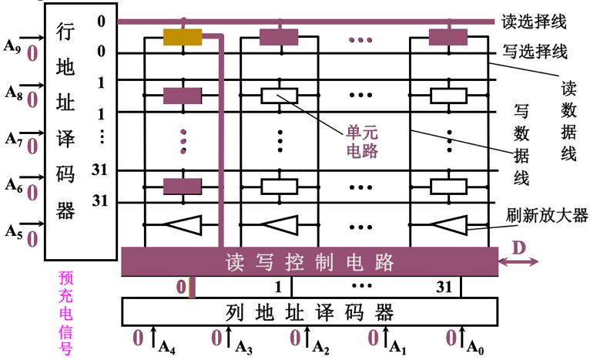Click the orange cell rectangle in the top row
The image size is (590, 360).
183,37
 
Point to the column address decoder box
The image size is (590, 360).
309,313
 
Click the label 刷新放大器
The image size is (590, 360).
548,214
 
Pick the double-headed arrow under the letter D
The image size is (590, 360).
518,263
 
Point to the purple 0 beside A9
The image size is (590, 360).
32,55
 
